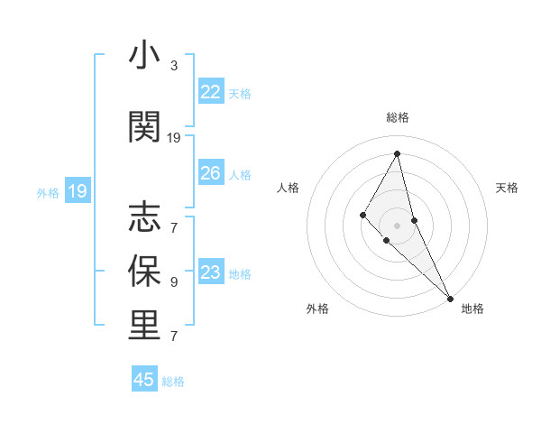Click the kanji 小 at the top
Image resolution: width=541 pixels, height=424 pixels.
coord(144,57)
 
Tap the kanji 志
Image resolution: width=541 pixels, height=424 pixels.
coord(144,217)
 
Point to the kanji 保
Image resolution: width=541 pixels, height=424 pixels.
coord(144,271)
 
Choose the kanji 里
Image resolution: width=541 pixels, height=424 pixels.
coord(144,326)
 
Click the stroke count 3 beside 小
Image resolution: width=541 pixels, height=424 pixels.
coord(174,66)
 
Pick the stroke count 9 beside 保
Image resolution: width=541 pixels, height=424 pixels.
coord(174,281)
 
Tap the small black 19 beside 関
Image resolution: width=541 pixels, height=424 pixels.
coord(174,138)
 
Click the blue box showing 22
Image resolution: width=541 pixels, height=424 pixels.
coord(211,91)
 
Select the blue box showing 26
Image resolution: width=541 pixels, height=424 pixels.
coord(211,172)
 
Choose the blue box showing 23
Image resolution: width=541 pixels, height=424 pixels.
coord(211,272)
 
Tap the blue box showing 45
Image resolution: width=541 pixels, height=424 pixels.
coord(144,380)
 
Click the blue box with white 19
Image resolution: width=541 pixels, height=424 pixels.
coord(78,190)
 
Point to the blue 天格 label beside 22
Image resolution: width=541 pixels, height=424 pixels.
coord(240,93)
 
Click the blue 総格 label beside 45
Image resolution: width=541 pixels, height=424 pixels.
coord(174,382)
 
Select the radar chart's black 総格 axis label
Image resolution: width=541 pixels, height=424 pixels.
coord(398,117)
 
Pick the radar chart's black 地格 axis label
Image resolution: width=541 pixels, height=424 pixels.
coord(472,309)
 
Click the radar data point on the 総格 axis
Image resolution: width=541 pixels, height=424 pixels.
coord(398,153)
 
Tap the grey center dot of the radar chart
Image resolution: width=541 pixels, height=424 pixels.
coord(398,225)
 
